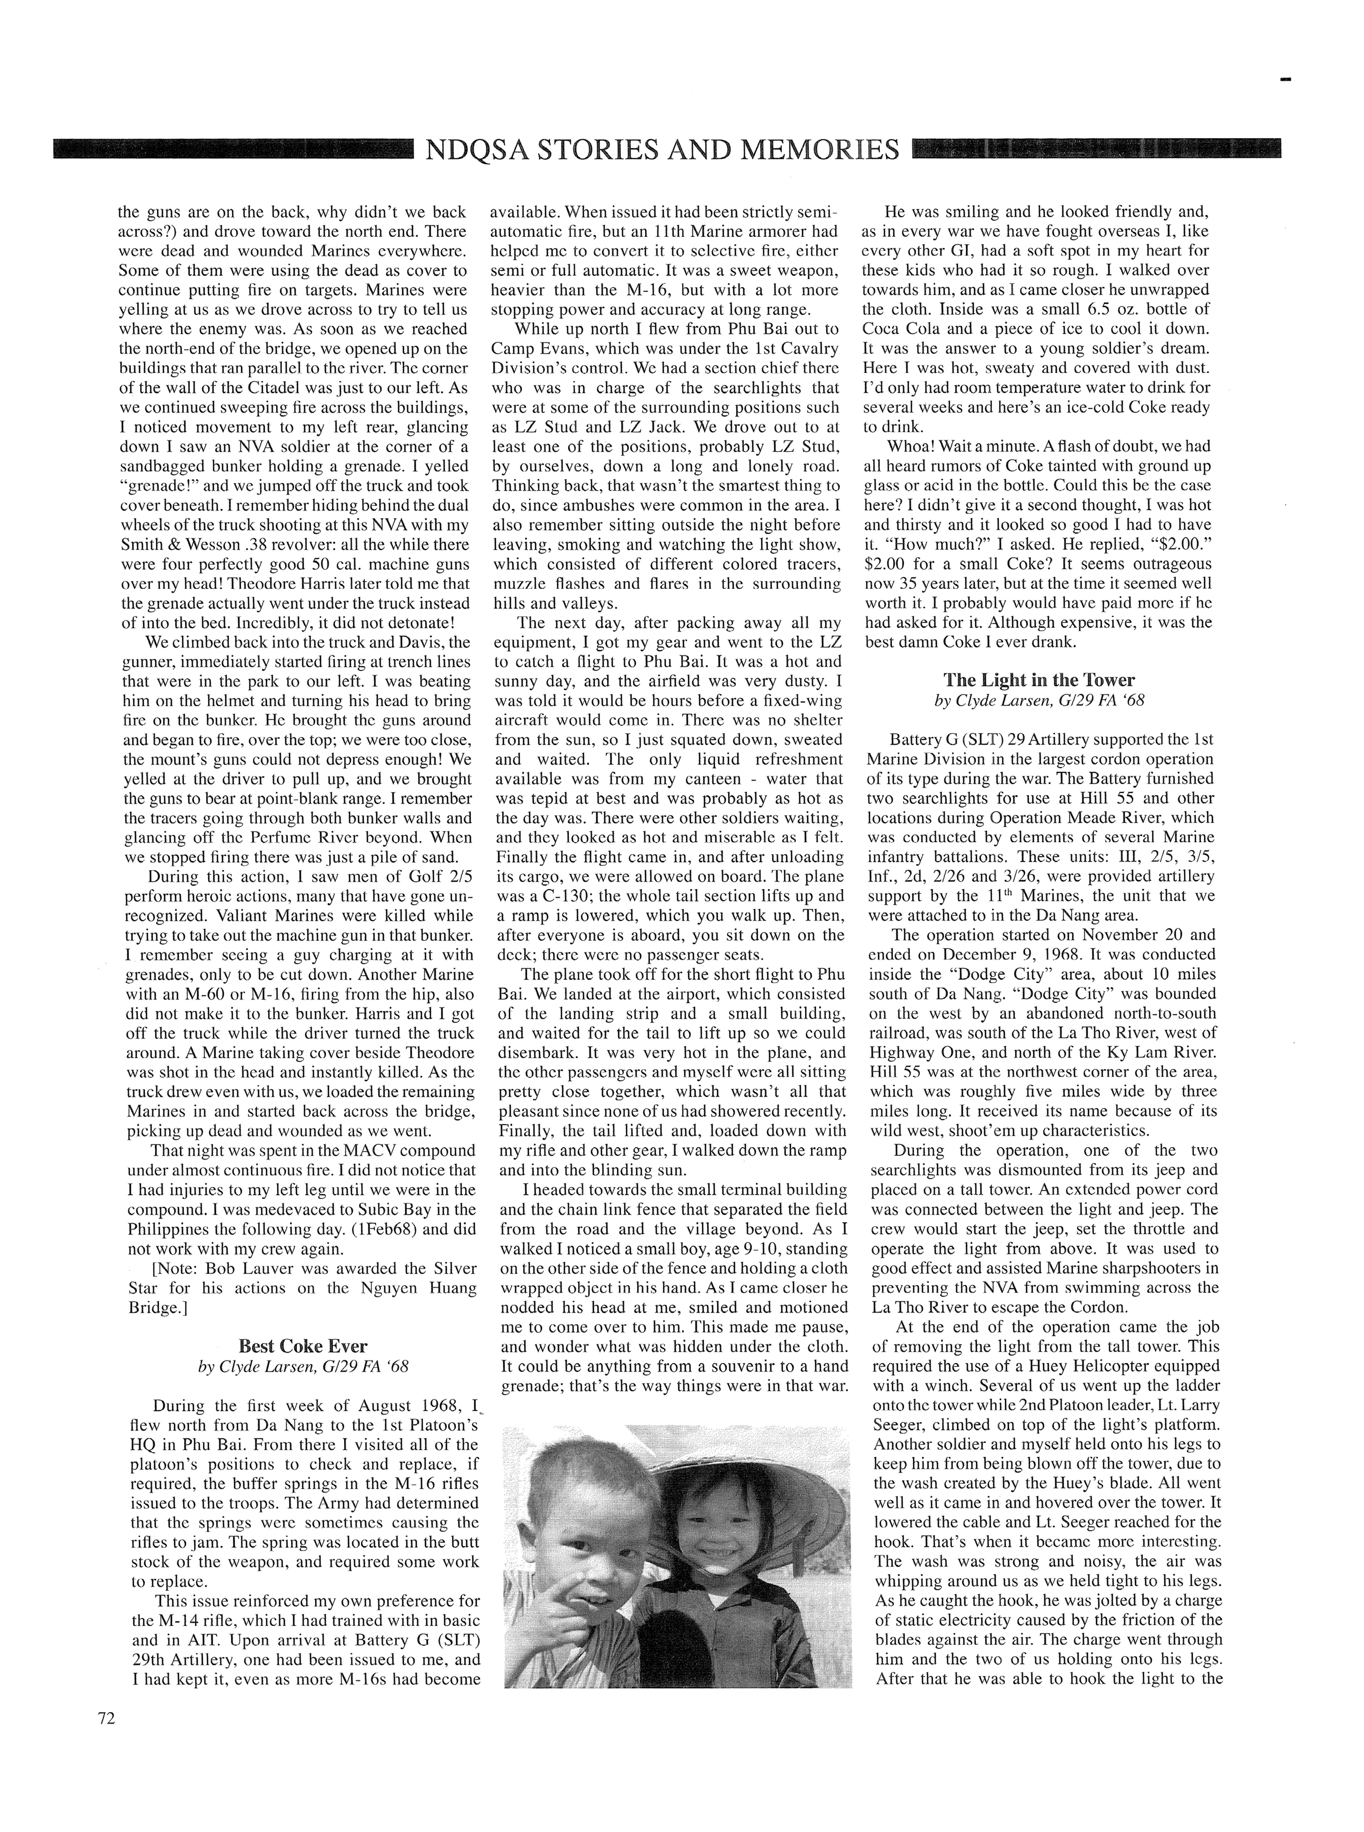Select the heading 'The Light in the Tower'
click(x=1039, y=680)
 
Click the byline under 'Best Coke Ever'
click(x=303, y=1367)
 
